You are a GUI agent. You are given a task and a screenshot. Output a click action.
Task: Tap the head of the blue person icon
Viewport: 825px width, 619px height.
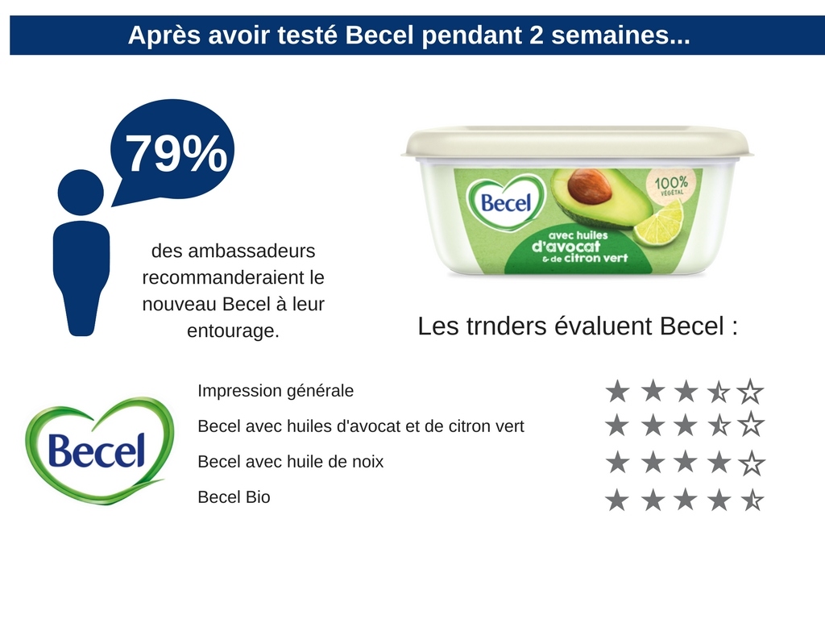click(81, 193)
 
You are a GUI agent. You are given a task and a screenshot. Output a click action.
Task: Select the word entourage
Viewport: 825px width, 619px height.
click(233, 331)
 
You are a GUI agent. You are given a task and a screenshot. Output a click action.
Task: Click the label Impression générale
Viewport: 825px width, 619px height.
click(276, 391)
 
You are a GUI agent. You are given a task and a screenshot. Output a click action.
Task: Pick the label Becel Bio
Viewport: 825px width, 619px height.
click(234, 497)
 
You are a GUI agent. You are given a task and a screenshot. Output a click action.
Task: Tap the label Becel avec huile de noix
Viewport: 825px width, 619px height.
click(290, 462)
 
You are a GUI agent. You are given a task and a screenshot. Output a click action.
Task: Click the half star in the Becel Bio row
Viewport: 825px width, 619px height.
click(751, 500)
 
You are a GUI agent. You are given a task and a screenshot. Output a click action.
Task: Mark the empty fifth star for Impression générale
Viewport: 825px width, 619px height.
click(750, 392)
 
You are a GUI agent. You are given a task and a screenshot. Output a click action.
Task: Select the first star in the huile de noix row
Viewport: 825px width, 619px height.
click(617, 463)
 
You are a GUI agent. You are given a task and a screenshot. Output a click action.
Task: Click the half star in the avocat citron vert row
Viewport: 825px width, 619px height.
click(718, 424)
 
